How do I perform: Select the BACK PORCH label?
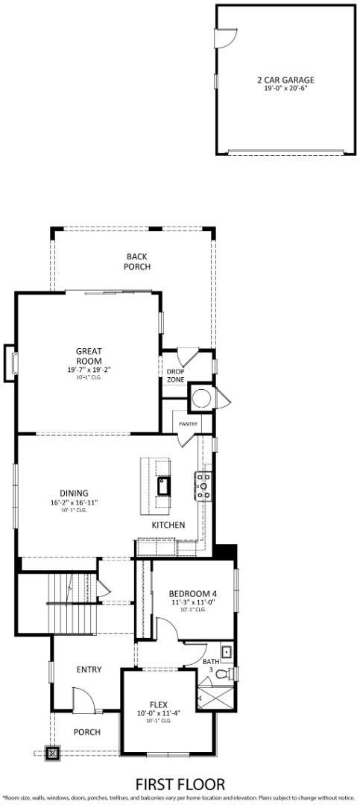tap(137, 261)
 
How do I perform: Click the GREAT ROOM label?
tap(89, 356)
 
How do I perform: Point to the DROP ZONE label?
tap(175, 376)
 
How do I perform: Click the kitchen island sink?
tap(163, 488)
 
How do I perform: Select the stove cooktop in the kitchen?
tap(204, 486)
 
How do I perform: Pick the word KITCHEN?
tap(168, 525)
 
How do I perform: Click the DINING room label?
tap(75, 493)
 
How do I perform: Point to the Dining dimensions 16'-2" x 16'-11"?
tap(75, 502)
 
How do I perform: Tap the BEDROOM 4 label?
tap(192, 593)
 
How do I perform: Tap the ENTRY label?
tap(89, 669)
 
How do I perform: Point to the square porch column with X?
tap(52, 753)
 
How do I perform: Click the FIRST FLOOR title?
tap(179, 784)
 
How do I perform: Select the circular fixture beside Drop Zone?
tap(199, 397)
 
